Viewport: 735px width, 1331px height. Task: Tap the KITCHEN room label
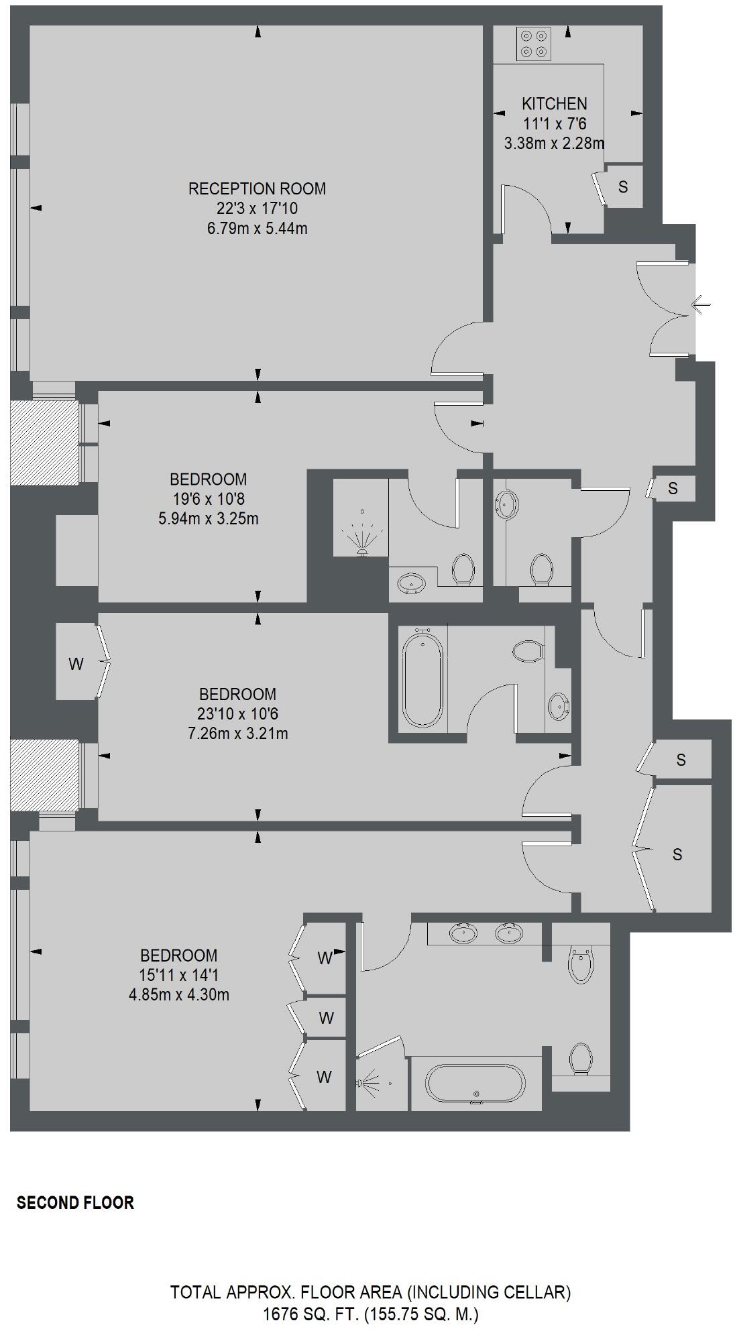[554, 104]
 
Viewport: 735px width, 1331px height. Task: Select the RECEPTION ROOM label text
[257, 189]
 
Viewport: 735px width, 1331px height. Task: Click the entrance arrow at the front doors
[700, 306]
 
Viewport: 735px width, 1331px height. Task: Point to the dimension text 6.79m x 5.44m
[257, 229]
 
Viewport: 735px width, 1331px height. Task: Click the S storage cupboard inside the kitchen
[623, 187]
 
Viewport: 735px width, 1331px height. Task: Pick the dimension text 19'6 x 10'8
[208, 499]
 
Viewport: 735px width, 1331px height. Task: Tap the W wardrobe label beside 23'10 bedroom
[76, 664]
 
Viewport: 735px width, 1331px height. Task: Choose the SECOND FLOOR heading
[75, 1203]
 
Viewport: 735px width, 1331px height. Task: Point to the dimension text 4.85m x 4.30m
[178, 995]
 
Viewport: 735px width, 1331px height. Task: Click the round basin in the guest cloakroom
[506, 504]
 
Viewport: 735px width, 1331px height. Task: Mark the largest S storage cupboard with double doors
[677, 854]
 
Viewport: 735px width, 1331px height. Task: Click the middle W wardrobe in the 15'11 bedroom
[326, 1018]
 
